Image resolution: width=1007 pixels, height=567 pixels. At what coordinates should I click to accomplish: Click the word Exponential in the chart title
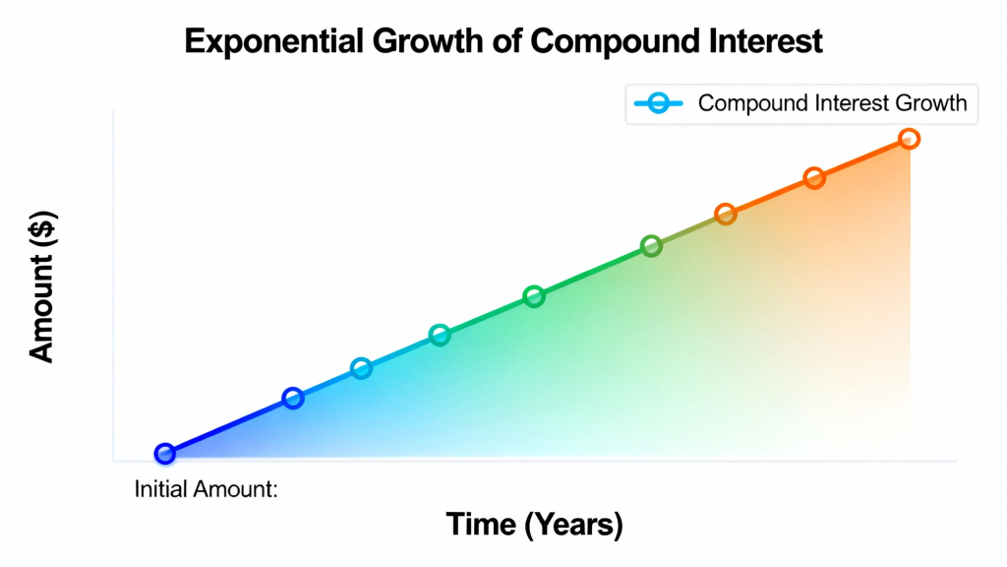pos(274,42)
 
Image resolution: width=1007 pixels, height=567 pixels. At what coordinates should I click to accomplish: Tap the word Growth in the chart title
pos(428,41)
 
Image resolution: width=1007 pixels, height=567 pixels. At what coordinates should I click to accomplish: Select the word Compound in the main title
pos(615,42)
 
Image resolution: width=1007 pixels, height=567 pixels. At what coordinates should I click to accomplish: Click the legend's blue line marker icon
pos(658,102)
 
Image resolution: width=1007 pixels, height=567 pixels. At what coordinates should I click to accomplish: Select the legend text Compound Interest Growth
pos(832,102)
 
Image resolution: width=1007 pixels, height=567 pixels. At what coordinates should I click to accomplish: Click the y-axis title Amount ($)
pos(42,286)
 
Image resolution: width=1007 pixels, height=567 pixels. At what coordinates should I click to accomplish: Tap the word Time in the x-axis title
pos(481,524)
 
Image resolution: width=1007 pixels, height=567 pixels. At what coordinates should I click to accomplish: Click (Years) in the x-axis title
pos(573,526)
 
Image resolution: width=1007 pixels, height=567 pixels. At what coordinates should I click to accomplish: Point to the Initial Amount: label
pos(207,489)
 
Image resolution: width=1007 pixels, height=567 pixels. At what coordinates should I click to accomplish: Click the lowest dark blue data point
pos(165,453)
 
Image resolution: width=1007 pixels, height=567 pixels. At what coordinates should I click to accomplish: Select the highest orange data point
pos(909,138)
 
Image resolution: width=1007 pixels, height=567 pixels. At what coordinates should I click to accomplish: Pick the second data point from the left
pos(293,398)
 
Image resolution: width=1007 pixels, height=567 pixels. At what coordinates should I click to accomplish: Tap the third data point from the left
pos(362,368)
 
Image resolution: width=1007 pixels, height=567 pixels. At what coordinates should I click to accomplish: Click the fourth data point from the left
pos(440,335)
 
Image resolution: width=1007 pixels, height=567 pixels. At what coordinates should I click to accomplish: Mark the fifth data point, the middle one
pos(534,296)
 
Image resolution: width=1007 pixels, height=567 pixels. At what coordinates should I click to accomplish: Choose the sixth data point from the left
pos(651,245)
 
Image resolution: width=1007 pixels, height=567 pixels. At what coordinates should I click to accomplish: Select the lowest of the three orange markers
pos(726,214)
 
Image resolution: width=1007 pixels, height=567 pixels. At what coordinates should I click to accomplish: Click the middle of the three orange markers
pos(814,178)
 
